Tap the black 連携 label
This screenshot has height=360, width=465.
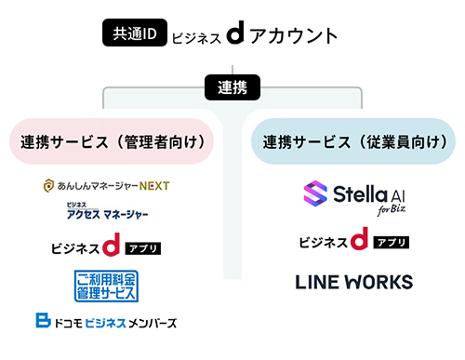click(232, 90)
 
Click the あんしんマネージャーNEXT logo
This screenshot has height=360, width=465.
click(106, 186)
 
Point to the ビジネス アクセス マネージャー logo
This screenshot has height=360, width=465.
click(107, 213)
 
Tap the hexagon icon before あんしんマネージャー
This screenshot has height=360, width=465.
click(48, 186)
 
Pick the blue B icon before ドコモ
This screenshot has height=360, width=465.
click(42, 322)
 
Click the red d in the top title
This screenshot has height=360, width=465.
click(235, 35)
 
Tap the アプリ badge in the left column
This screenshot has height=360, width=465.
click(142, 248)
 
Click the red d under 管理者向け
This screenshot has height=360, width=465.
click(112, 247)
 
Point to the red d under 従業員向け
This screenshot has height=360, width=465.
click(359, 241)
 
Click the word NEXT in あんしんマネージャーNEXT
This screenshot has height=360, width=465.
click(153, 186)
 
